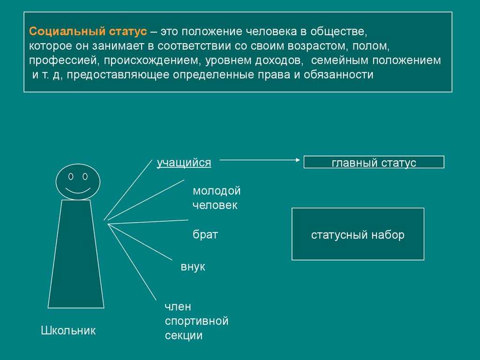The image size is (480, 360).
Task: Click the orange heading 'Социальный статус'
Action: pyautogui.click(x=88, y=31)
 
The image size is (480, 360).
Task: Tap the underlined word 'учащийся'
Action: pyautogui.click(x=184, y=163)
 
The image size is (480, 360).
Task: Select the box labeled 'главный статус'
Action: pyautogui.click(x=374, y=162)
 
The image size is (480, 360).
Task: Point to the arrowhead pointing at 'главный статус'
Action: pyautogui.click(x=298, y=160)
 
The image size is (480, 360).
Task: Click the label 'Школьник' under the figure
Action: pyautogui.click(x=68, y=330)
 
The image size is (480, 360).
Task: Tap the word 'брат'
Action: pyautogui.click(x=205, y=234)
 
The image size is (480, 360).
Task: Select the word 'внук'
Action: pyautogui.click(x=193, y=267)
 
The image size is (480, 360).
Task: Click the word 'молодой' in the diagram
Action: pyautogui.click(x=217, y=191)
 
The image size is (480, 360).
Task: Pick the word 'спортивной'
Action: pyautogui.click(x=197, y=321)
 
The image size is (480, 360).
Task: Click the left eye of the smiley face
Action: pyautogui.click(x=71, y=177)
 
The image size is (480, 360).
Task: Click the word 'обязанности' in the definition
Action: pyautogui.click(x=338, y=75)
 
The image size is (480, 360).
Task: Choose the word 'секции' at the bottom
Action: pyautogui.click(x=184, y=336)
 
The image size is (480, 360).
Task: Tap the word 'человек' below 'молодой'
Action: pyautogui.click(x=215, y=205)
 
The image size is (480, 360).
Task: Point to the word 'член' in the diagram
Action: pyautogui.click(x=178, y=307)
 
